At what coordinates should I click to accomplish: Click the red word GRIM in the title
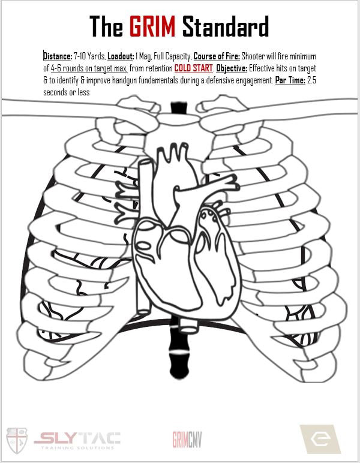point(152,27)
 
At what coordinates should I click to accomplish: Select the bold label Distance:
point(58,56)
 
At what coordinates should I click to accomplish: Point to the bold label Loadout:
point(122,56)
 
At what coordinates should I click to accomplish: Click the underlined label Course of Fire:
point(216,56)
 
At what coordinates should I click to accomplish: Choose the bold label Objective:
point(232,68)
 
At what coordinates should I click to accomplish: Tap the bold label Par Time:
point(290,80)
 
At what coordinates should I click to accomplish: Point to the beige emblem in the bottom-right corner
point(320,439)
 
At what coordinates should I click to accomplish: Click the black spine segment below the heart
point(179,354)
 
